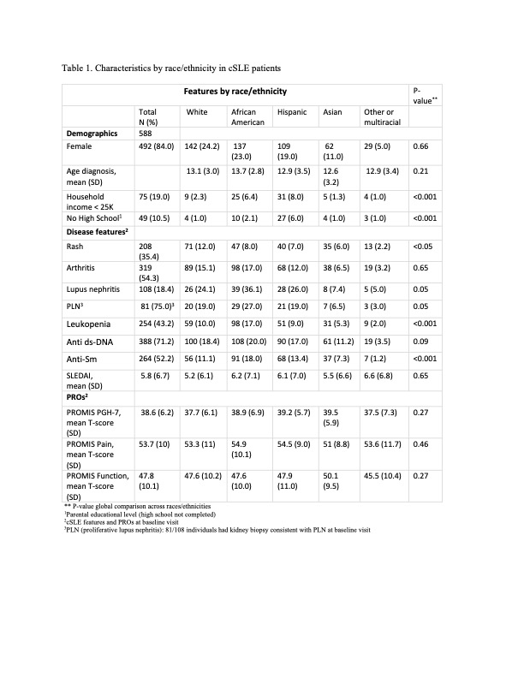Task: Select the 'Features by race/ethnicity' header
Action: click(x=235, y=91)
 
